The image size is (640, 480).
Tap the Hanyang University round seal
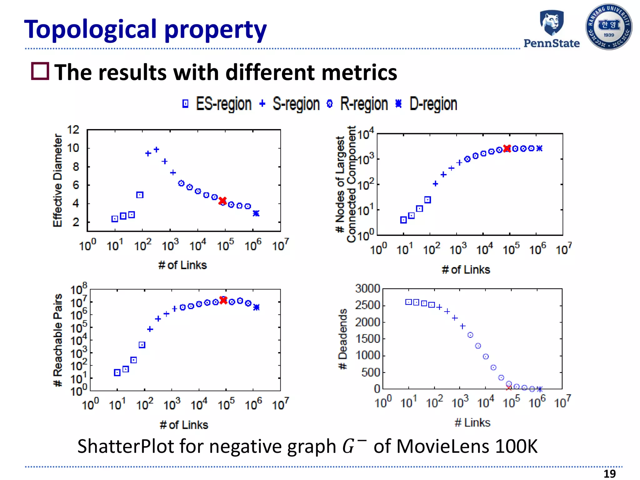(608, 27)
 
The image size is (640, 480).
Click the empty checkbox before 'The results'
(40, 71)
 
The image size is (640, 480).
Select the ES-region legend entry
(217, 104)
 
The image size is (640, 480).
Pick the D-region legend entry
(426, 104)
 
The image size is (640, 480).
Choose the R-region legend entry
(357, 104)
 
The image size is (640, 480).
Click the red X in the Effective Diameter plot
(222, 201)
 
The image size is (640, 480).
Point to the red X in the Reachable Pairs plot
(223, 300)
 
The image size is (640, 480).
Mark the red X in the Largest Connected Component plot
(507, 148)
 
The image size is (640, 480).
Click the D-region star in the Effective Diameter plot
(256, 213)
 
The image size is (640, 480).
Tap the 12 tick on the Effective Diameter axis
(73, 130)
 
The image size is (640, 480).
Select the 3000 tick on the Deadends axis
(367, 288)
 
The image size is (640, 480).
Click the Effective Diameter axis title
(57, 180)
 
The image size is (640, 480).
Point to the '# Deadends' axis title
(343, 339)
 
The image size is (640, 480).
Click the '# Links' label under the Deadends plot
(472, 422)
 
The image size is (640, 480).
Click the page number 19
(609, 474)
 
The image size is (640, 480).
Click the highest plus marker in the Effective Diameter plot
(157, 150)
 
